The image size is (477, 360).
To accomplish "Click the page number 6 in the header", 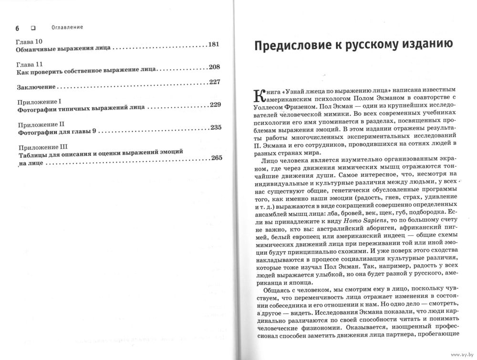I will coord(18,27).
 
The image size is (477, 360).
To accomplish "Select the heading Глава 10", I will coord(30,41).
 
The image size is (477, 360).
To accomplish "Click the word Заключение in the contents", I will coord(36,87).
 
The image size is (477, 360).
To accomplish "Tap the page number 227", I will coord(214,82).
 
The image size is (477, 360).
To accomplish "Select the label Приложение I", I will coord(40,102).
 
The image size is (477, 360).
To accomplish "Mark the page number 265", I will coord(216,158).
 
